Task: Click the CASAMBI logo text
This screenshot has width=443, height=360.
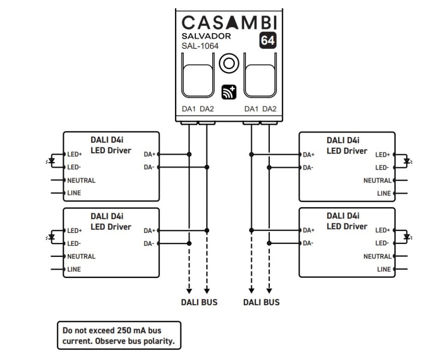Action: [229, 22]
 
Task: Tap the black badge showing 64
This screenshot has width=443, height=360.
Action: [267, 41]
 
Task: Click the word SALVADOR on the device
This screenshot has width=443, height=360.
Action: [206, 36]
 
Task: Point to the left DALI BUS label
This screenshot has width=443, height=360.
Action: [199, 302]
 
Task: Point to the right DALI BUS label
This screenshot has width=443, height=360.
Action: [261, 302]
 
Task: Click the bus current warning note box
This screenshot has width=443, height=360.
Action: [119, 335]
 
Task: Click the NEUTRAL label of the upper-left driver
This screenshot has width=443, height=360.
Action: [81, 180]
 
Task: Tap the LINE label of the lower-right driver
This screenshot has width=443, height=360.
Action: [384, 269]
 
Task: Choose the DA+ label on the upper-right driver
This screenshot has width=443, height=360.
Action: [308, 155]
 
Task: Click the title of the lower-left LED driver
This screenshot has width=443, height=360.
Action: [111, 221]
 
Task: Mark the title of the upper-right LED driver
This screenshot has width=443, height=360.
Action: [347, 145]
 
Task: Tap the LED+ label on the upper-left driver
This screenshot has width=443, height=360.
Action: [75, 155]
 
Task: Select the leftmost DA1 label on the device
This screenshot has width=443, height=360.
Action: [189, 109]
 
